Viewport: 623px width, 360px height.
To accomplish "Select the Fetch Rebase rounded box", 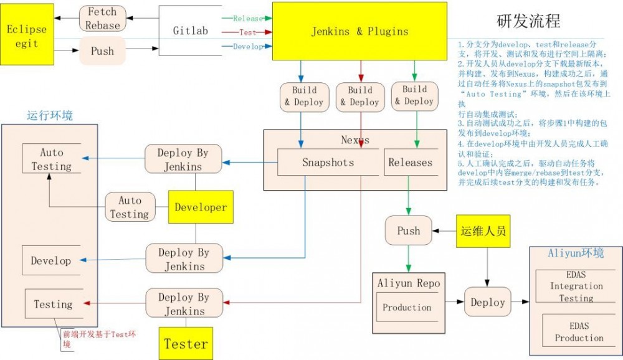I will pyautogui.click(x=103, y=19).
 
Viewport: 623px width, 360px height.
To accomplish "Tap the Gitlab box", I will pyautogui.click(x=190, y=31).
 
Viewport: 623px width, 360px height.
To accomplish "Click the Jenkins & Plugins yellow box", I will pyautogui.click(x=359, y=31).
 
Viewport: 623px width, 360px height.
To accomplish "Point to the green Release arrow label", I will pyautogui.click(x=247, y=19).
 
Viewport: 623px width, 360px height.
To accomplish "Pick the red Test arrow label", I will pyautogui.click(x=247, y=32).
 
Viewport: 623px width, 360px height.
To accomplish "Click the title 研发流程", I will pyautogui.click(x=528, y=21).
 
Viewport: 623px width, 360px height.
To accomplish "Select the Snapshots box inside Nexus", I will pyautogui.click(x=328, y=163).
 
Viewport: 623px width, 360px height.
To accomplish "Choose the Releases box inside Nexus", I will pyautogui.click(x=410, y=163).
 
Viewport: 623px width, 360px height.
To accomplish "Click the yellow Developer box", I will pyautogui.click(x=201, y=207).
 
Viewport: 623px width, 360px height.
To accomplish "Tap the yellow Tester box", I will pyautogui.click(x=186, y=343).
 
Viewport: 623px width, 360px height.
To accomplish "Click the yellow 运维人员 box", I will pyautogui.click(x=483, y=231).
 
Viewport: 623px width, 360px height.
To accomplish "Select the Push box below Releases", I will pyautogui.click(x=408, y=231).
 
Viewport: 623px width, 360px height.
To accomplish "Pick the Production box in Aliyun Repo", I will pyautogui.click(x=407, y=308).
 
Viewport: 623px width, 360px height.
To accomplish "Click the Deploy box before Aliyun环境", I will pyautogui.click(x=487, y=303).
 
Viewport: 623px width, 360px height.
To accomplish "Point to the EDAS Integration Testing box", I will pyautogui.click(x=576, y=287).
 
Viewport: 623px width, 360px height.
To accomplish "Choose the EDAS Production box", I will pyautogui.click(x=579, y=331).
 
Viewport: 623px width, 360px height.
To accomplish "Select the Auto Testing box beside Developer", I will pyautogui.click(x=130, y=207).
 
